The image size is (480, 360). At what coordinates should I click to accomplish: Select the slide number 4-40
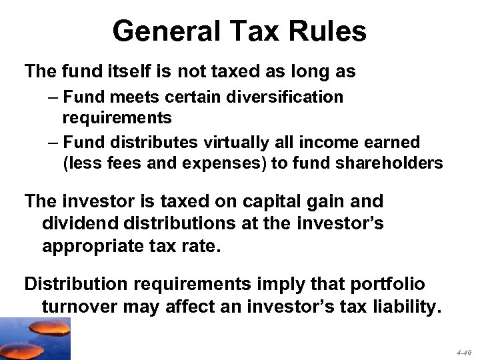point(464,351)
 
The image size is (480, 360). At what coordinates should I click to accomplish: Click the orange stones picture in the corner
point(35,338)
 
